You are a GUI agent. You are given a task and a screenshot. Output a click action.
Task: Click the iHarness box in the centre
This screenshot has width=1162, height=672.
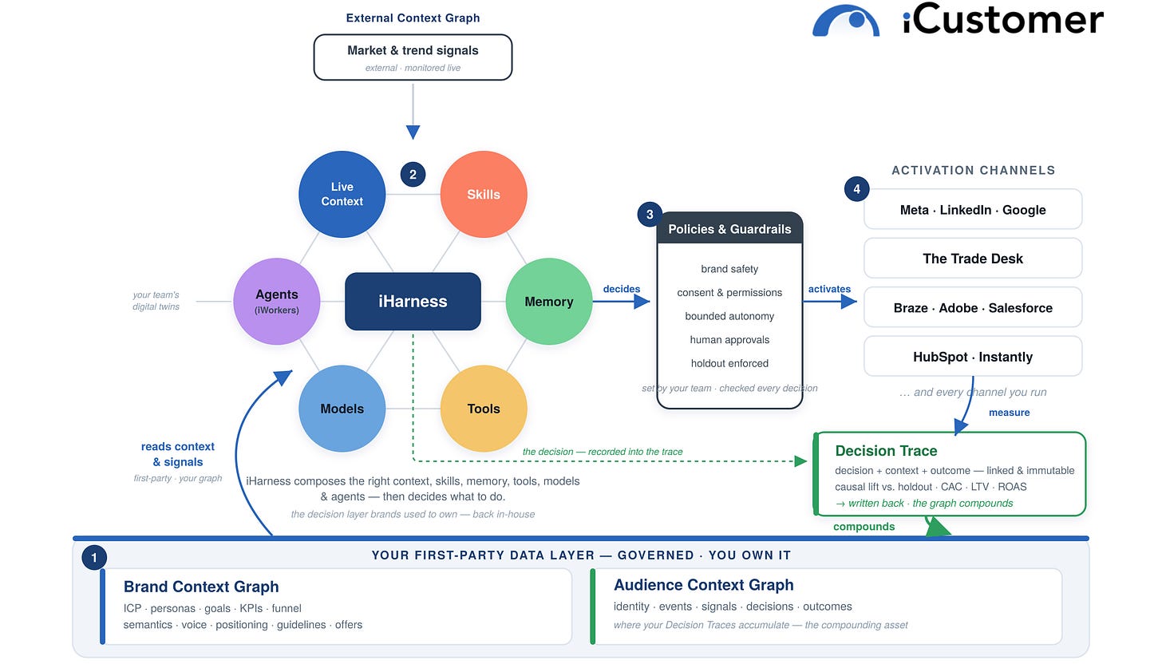coord(413,301)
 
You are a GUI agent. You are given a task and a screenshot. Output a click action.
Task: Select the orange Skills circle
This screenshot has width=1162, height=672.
coord(484,194)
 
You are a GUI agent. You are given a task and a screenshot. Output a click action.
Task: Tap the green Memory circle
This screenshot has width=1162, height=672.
coord(549,301)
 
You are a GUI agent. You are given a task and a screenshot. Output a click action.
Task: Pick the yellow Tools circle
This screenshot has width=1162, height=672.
coord(484,409)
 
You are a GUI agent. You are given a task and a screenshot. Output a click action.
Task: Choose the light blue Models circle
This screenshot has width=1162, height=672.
coord(342,409)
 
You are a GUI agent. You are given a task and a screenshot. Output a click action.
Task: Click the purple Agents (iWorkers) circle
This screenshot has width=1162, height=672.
coord(276,301)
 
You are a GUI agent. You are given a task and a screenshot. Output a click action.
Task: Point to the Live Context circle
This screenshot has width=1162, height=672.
coord(342,194)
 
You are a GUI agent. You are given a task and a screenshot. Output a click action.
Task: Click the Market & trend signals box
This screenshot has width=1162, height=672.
coord(413,57)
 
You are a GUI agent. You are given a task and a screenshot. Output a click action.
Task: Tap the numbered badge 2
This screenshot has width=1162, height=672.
coord(413,174)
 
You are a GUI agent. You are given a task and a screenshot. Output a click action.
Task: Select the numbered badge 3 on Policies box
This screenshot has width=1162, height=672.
coord(650,215)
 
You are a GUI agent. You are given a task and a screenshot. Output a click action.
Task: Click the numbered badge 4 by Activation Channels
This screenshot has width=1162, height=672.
coord(856,189)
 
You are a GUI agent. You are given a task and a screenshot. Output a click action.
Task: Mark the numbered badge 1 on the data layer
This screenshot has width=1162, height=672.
coord(94,557)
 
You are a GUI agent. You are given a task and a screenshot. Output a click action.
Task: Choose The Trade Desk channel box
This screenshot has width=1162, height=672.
coord(973,259)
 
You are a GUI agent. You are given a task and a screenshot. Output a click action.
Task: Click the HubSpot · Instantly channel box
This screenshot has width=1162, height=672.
coord(973,357)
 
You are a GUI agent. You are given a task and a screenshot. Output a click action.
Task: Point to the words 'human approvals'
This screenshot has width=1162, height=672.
coord(729,340)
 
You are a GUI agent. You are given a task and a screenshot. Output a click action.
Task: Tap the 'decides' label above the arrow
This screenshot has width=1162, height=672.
coord(622,289)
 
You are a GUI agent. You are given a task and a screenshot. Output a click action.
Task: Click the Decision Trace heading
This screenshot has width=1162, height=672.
coord(886,450)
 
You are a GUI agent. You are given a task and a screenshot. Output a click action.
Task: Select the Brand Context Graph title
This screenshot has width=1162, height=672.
coord(201,587)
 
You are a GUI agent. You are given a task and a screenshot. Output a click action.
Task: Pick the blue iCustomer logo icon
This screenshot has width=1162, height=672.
coord(846,21)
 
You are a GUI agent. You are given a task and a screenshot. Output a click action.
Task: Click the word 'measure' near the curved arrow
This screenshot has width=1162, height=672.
coord(1009,413)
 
